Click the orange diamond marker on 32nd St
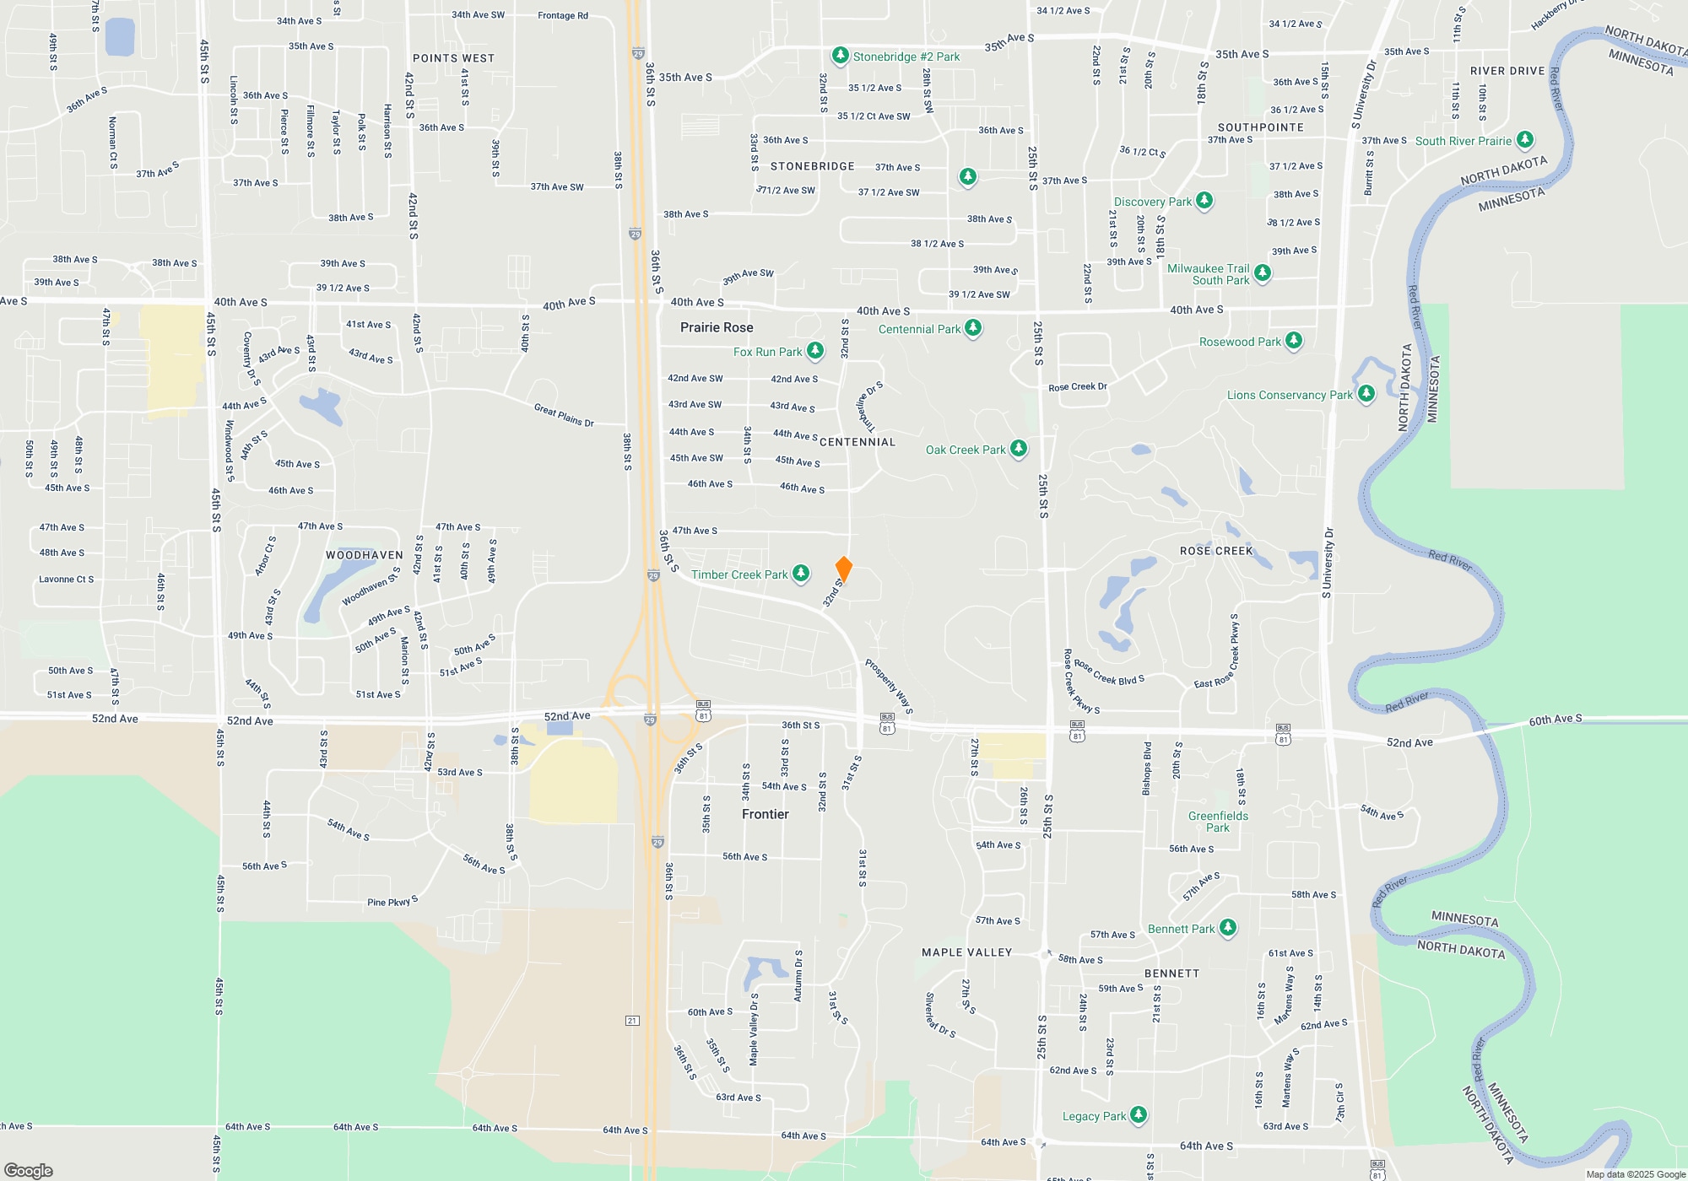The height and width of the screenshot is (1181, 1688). click(843, 569)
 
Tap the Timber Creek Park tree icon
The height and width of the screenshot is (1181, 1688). click(801, 574)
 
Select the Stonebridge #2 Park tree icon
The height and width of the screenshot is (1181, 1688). click(840, 56)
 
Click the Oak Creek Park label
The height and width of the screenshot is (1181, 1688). click(966, 450)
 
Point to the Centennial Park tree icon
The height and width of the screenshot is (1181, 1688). click(973, 327)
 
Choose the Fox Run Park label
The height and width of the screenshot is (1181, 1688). click(767, 352)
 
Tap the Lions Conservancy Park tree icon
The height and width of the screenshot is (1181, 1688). click(1366, 393)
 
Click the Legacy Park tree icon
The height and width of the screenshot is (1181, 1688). click(1138, 1114)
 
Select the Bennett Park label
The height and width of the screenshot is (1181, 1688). click(1181, 929)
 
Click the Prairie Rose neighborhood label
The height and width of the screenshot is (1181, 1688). click(717, 327)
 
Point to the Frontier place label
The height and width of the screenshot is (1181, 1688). click(765, 814)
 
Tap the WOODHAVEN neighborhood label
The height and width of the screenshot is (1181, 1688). click(365, 555)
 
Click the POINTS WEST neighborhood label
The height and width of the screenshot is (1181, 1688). click(453, 58)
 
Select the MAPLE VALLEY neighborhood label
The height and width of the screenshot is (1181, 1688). click(966, 952)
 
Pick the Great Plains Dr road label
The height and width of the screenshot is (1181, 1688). click(564, 414)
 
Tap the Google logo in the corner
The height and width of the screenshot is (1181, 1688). click(29, 1170)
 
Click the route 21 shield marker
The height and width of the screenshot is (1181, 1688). click(632, 1021)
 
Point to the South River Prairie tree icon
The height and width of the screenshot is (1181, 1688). click(1524, 139)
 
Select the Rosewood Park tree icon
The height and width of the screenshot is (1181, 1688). click(1294, 341)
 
